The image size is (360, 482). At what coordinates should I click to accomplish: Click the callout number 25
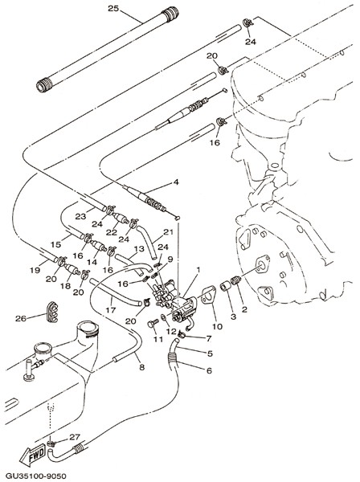(x=113, y=8)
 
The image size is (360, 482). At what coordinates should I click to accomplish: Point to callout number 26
(x=21, y=319)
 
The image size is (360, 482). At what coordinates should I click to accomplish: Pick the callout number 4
(x=175, y=182)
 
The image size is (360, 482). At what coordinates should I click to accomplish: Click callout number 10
(x=217, y=326)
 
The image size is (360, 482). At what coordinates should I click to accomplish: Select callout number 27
(x=75, y=436)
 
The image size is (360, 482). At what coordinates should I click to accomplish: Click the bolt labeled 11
(x=153, y=324)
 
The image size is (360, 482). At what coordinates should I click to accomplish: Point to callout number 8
(x=141, y=367)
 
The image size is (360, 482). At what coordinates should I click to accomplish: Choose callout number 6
(x=209, y=370)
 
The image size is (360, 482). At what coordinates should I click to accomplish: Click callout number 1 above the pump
(x=198, y=270)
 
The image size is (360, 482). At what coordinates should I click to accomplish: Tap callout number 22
(x=111, y=232)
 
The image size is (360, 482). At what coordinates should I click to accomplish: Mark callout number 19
(x=35, y=270)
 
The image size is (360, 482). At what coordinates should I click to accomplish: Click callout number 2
(x=244, y=309)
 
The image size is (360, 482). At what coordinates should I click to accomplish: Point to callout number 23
(x=80, y=216)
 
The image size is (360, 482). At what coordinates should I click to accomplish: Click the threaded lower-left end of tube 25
(x=43, y=84)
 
